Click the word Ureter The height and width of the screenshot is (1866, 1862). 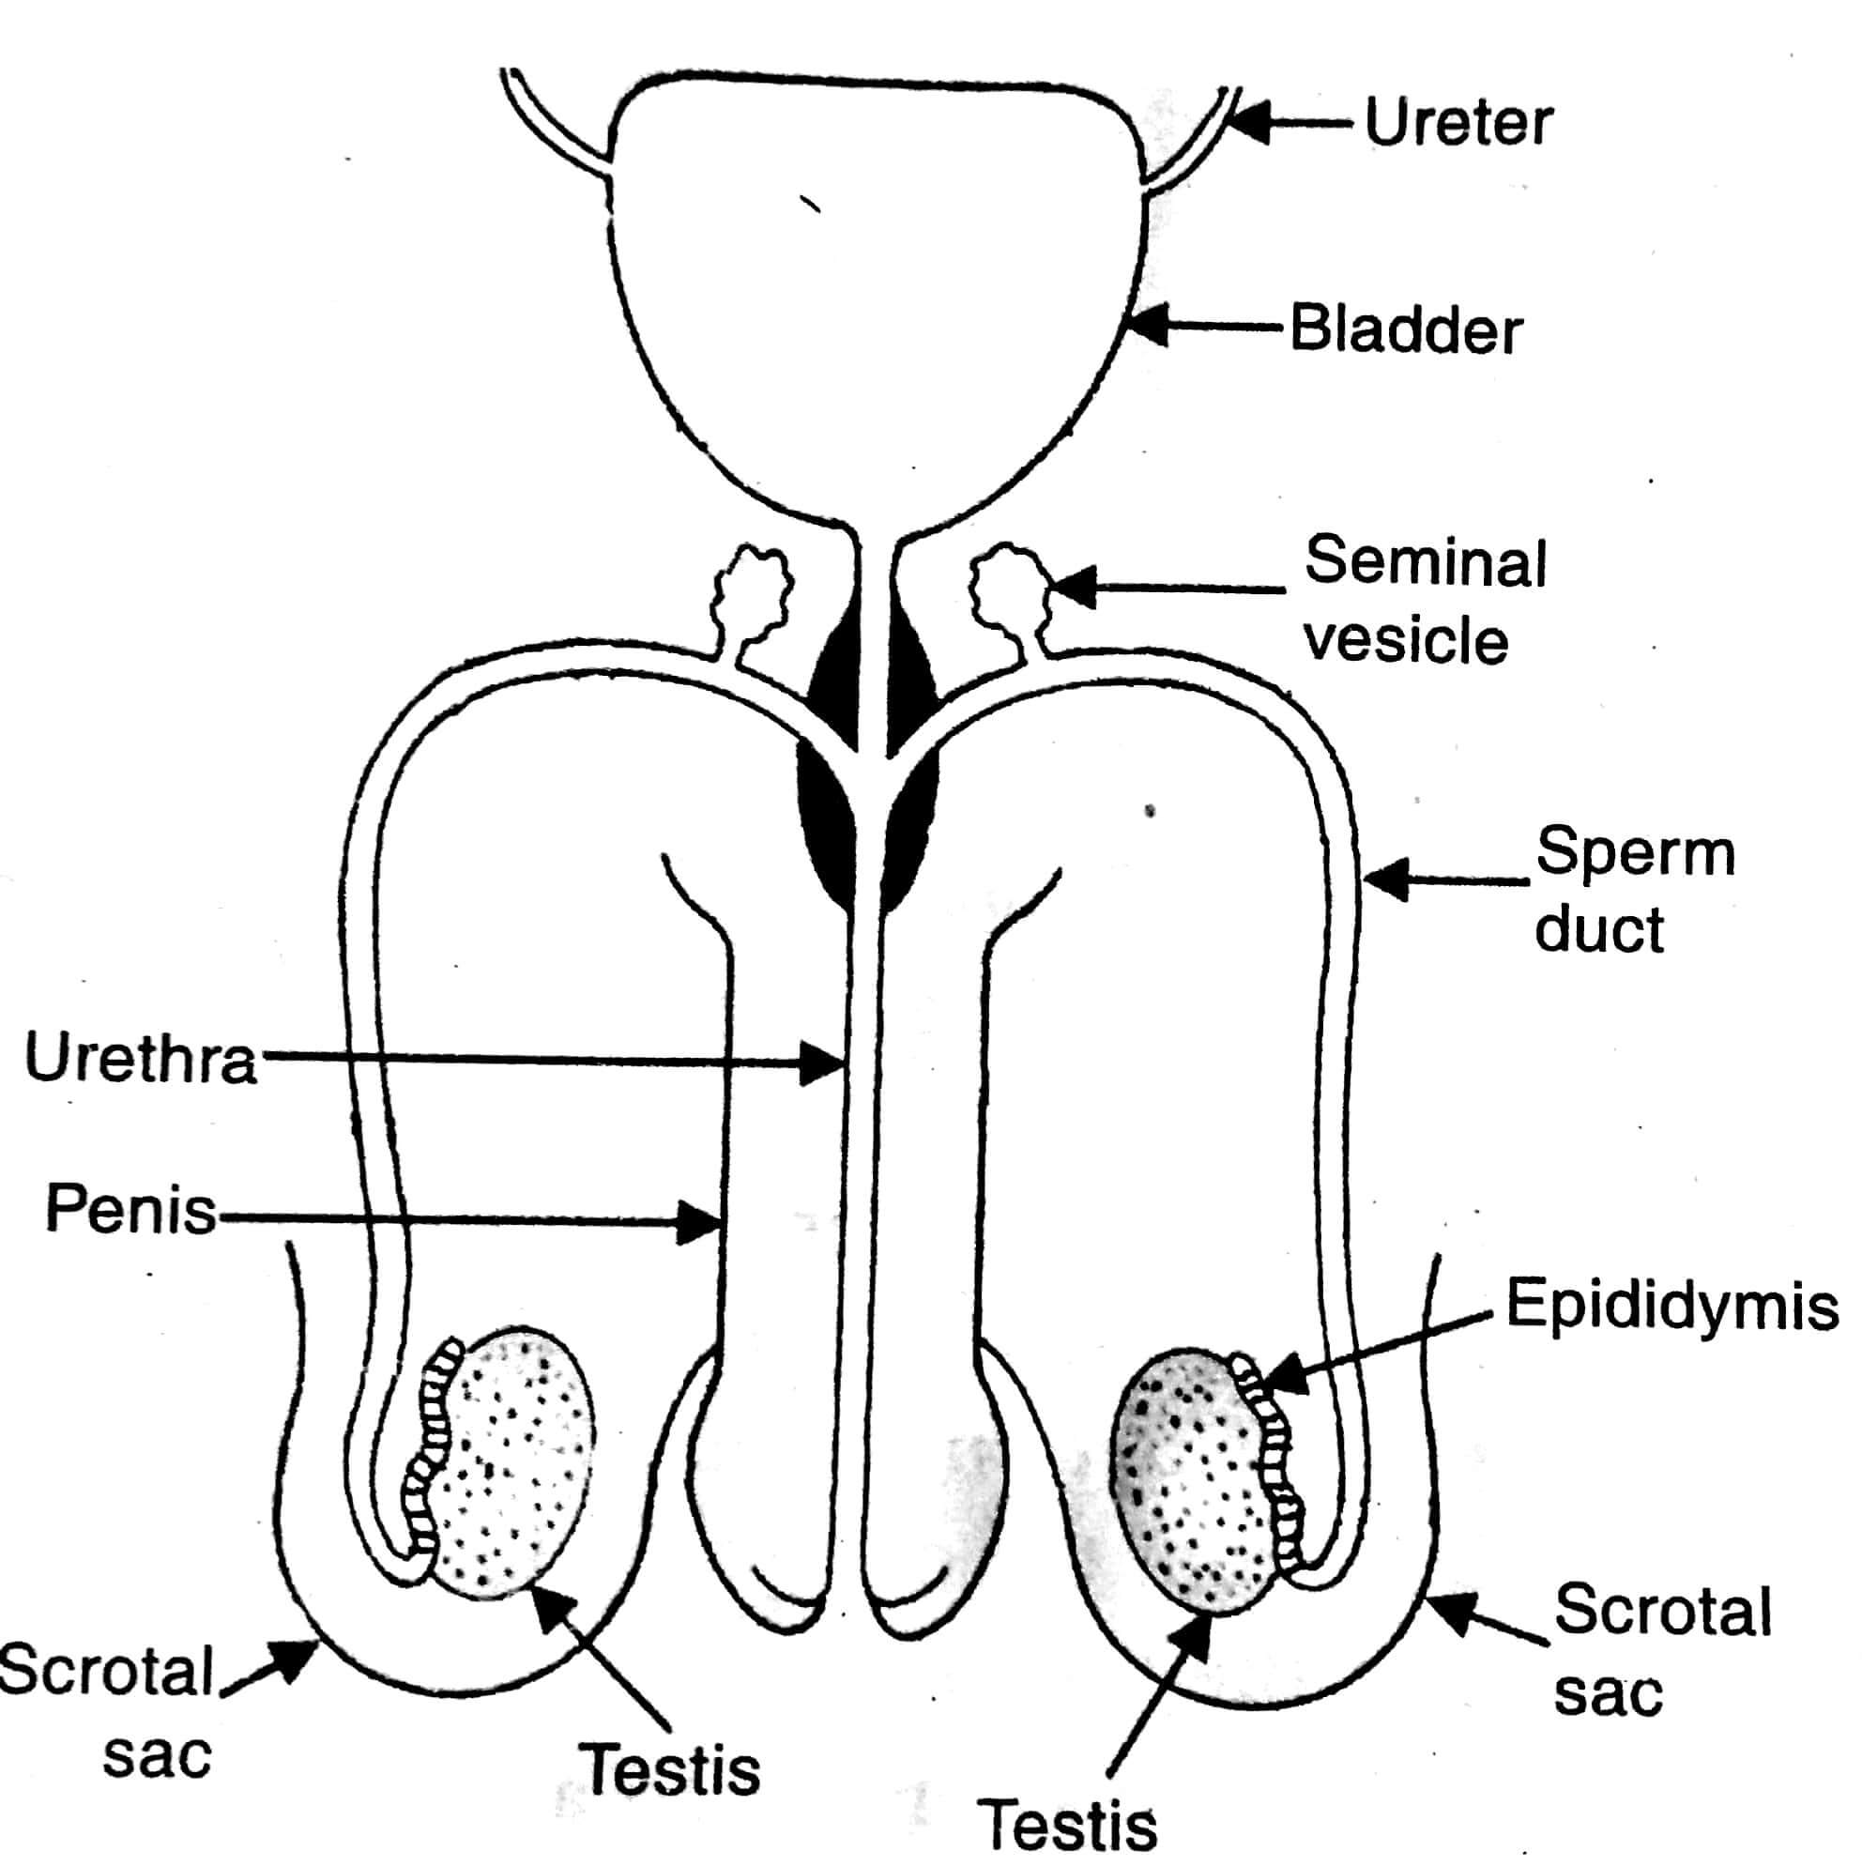click(1458, 124)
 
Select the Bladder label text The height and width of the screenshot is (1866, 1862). click(1407, 330)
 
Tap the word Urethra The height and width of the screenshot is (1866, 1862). click(141, 1059)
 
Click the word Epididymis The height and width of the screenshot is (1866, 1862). click(1671, 1306)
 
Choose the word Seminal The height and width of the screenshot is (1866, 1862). click(1426, 562)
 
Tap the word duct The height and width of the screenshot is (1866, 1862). click(1599, 929)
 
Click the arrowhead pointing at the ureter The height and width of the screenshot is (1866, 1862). click(1245, 124)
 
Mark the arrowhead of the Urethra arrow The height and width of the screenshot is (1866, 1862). click(827, 1064)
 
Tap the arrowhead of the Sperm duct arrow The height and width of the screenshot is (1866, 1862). click(1383, 879)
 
